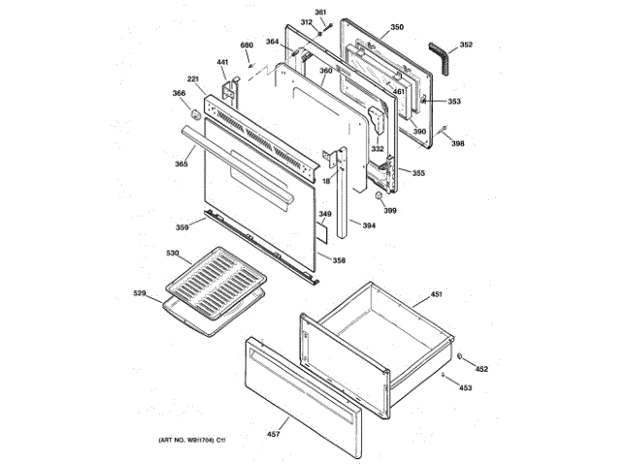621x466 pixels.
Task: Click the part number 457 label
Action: [x=273, y=434]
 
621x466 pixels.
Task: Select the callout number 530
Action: [x=173, y=254]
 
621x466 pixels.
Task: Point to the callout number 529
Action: [x=139, y=292]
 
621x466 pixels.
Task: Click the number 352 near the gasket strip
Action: [x=466, y=45]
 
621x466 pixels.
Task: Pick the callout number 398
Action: [x=458, y=144]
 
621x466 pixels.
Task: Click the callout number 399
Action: [x=389, y=210]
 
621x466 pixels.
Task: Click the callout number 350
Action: [x=396, y=29]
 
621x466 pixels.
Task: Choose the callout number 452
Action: [x=481, y=369]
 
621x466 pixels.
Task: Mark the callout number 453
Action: [x=466, y=387]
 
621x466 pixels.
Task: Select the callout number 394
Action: [x=369, y=226]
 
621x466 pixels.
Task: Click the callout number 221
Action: [x=194, y=79]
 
